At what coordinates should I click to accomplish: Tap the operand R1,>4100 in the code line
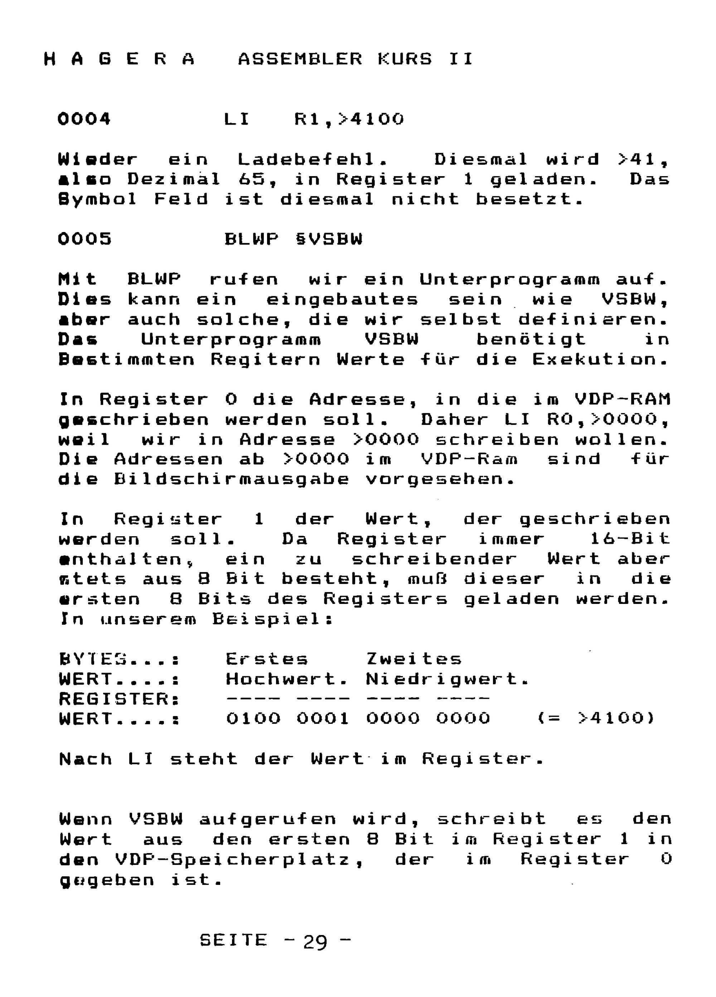tap(349, 119)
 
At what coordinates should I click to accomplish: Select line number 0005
tap(84, 239)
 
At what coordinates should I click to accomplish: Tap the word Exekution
tap(600, 359)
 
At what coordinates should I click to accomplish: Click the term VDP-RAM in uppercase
tap(622, 399)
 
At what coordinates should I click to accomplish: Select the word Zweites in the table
tap(413, 659)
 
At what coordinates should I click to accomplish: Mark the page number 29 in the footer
tap(315, 943)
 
